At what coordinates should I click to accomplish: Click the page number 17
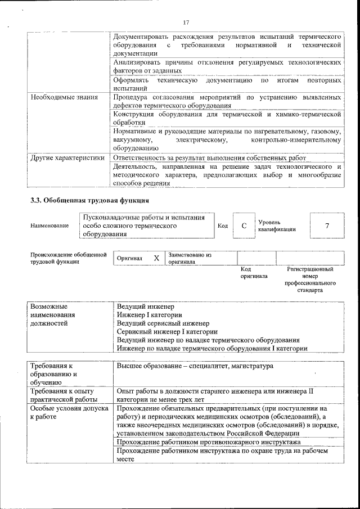(187, 22)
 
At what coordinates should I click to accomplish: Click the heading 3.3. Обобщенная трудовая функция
(89, 200)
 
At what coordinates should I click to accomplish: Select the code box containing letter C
(244, 226)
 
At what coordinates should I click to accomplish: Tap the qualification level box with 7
(327, 226)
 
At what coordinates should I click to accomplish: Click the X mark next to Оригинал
(156, 258)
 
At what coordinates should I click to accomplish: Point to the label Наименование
(50, 226)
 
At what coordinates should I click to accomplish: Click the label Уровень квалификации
(277, 226)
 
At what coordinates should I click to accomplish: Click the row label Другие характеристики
(67, 158)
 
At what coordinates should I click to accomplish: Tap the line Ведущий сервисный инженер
(163, 323)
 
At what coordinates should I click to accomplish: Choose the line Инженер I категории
(149, 315)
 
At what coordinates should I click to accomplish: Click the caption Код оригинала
(254, 273)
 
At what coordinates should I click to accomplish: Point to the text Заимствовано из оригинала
(189, 258)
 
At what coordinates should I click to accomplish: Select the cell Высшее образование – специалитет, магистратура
(195, 366)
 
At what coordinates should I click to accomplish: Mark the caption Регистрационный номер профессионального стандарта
(310, 280)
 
